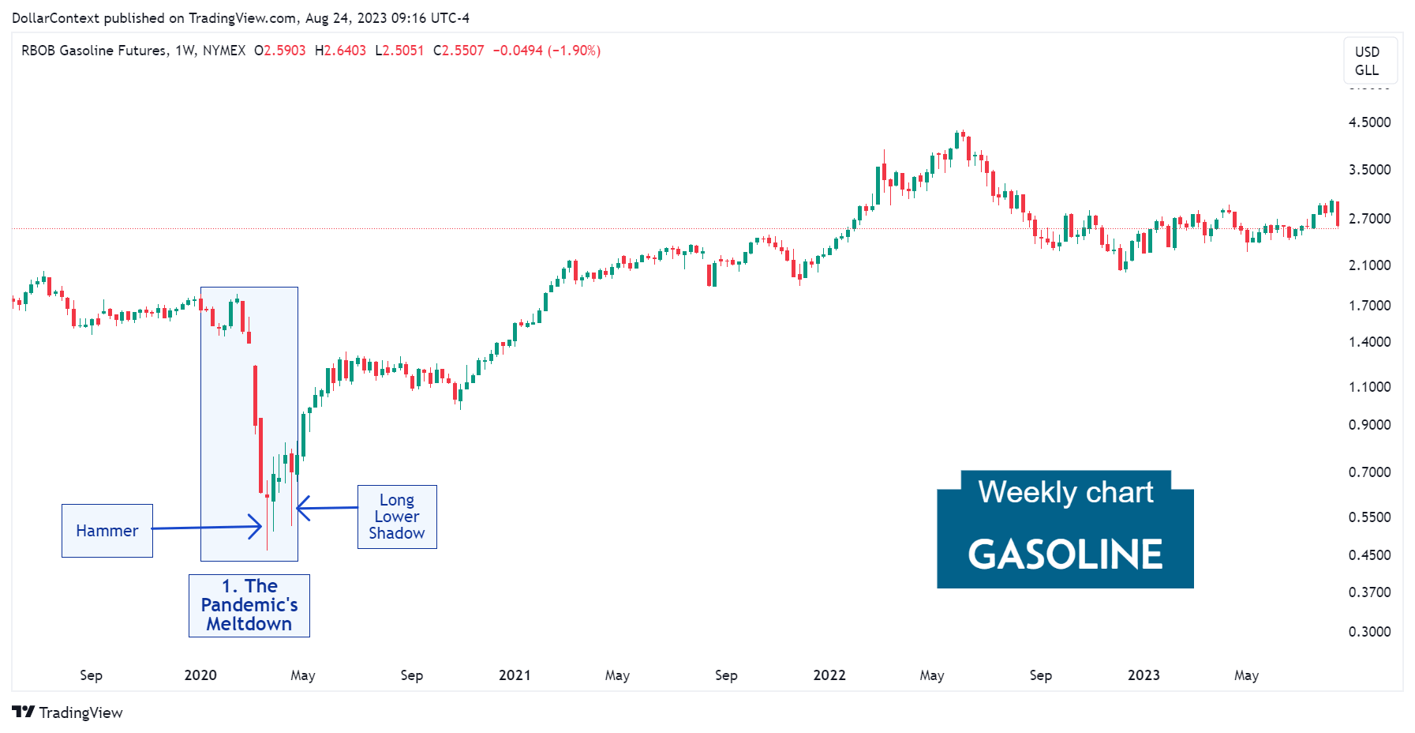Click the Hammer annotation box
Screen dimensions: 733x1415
(107, 531)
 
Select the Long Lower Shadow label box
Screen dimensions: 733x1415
(397, 517)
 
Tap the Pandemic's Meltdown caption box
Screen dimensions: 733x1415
(249, 605)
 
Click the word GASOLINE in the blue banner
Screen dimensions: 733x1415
(1065, 554)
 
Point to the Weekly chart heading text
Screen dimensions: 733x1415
(1065, 492)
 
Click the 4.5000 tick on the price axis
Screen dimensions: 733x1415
(1369, 122)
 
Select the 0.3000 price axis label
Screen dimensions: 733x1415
(1369, 632)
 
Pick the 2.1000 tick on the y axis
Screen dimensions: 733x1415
(1369, 265)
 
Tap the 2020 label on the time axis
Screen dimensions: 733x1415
(200, 675)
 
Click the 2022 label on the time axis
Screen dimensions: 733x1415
(829, 675)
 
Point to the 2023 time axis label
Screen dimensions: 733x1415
(1144, 675)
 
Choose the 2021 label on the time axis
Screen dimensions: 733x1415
(515, 675)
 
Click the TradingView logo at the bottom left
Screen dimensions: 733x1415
(68, 712)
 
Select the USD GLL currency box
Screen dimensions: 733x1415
(1369, 61)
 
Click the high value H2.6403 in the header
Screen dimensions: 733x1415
(340, 51)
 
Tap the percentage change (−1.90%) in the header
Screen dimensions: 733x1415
(575, 51)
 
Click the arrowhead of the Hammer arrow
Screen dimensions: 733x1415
(259, 527)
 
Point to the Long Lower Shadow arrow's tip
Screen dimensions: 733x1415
(299, 508)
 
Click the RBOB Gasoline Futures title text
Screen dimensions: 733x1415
(94, 51)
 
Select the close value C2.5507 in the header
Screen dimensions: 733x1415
(459, 51)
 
